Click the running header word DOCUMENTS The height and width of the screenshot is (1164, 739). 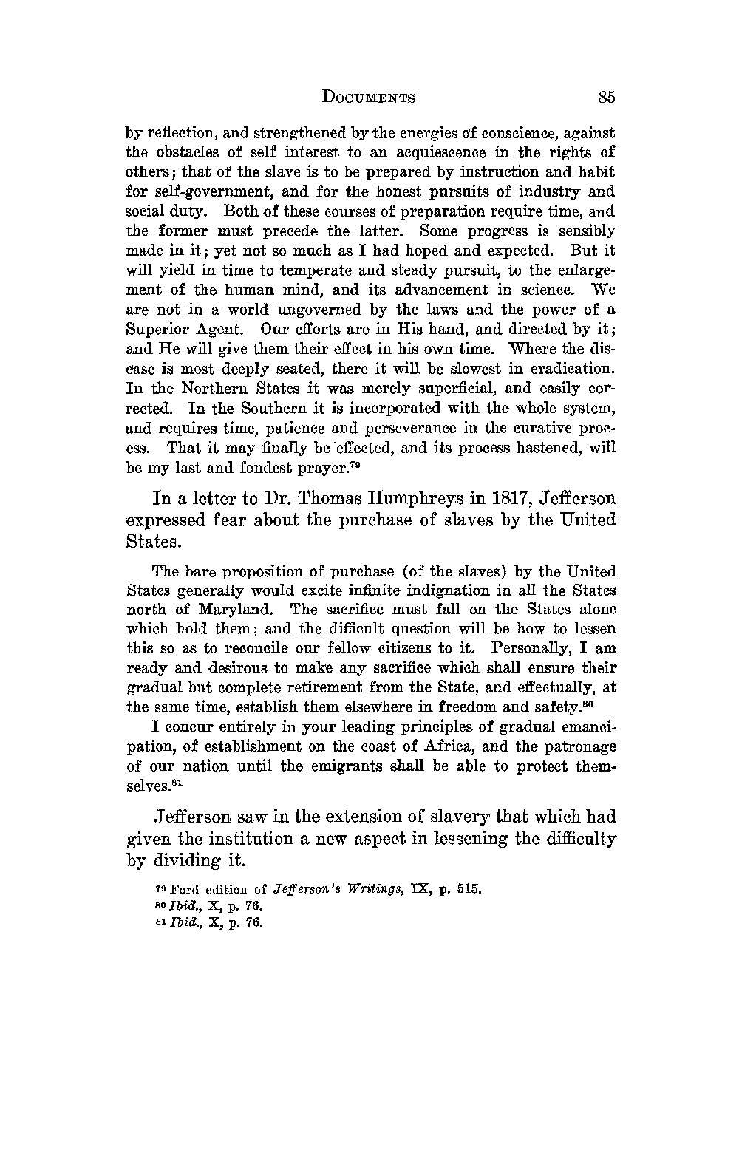pyautogui.click(x=369, y=98)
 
